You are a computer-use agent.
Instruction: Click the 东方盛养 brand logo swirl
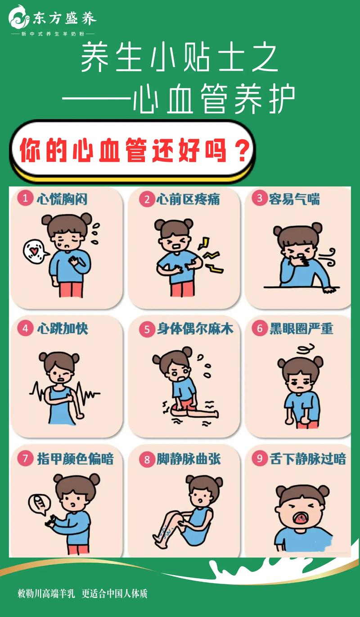(19, 17)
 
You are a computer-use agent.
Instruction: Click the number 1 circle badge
(25, 198)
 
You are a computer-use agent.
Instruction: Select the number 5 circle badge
(147, 329)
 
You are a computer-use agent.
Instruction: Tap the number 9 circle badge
(260, 458)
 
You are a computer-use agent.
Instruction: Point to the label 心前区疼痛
(189, 199)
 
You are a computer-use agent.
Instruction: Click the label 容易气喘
(294, 199)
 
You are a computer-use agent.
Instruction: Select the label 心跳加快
(63, 329)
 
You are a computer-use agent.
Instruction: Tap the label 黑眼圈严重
(301, 329)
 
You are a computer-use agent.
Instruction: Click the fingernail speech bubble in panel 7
(40, 504)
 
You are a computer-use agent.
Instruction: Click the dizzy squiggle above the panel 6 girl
(305, 349)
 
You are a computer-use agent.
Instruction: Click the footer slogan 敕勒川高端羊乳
(46, 594)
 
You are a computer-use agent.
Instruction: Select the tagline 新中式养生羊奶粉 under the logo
(53, 34)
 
